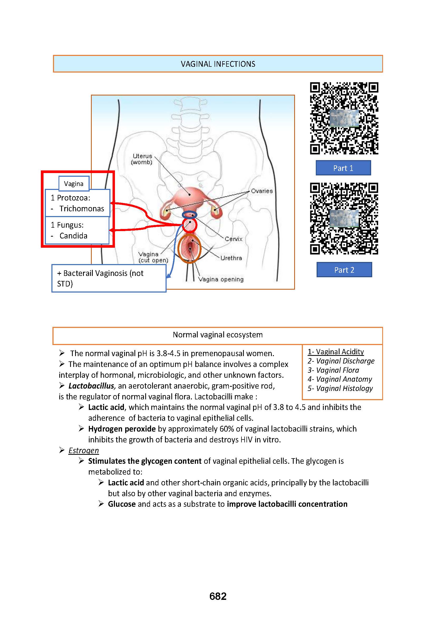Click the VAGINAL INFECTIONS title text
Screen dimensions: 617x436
pyautogui.click(x=218, y=64)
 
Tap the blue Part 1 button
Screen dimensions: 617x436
pyautogui.click(x=343, y=168)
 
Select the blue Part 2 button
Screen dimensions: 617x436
pyautogui.click(x=344, y=270)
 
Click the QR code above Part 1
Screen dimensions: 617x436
pyautogui.click(x=344, y=118)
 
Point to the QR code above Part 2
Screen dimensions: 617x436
pyautogui.click(x=344, y=218)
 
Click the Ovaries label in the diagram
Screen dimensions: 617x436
pyautogui.click(x=261, y=191)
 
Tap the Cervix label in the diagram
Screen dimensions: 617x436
pyautogui.click(x=233, y=239)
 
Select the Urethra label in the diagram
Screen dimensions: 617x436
pyautogui.click(x=231, y=258)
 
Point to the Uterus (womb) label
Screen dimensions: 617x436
pyautogui.click(x=142, y=159)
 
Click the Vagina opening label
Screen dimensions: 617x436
pyautogui.click(x=221, y=279)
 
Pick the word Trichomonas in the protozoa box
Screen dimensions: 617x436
pyautogui.click(x=82, y=209)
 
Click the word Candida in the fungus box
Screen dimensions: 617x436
pyautogui.click(x=73, y=236)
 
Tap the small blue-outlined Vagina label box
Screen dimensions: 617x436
pyautogui.click(x=74, y=184)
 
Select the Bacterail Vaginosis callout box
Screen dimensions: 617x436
pyautogui.click(x=109, y=278)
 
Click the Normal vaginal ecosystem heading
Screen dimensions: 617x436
pyautogui.click(x=217, y=335)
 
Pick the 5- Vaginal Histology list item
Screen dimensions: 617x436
pyautogui.click(x=340, y=388)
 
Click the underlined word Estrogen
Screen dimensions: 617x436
pyautogui.click(x=84, y=450)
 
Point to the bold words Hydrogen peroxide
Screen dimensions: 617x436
pyautogui.click(x=122, y=429)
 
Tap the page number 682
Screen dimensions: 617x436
pyautogui.click(x=218, y=596)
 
